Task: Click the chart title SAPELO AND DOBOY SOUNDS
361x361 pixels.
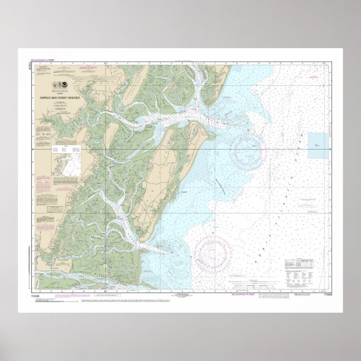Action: [x=60, y=98]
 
